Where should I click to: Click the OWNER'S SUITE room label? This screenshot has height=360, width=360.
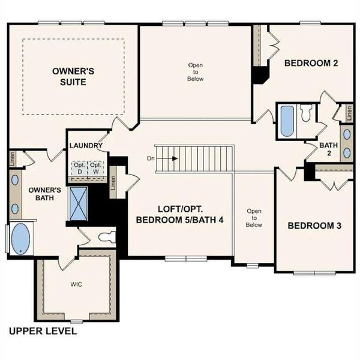(x=73, y=76)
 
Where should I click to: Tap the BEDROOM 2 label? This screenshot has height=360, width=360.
(x=310, y=62)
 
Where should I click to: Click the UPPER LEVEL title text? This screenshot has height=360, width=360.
(x=43, y=331)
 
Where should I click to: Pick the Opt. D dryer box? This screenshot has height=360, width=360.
(x=79, y=167)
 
